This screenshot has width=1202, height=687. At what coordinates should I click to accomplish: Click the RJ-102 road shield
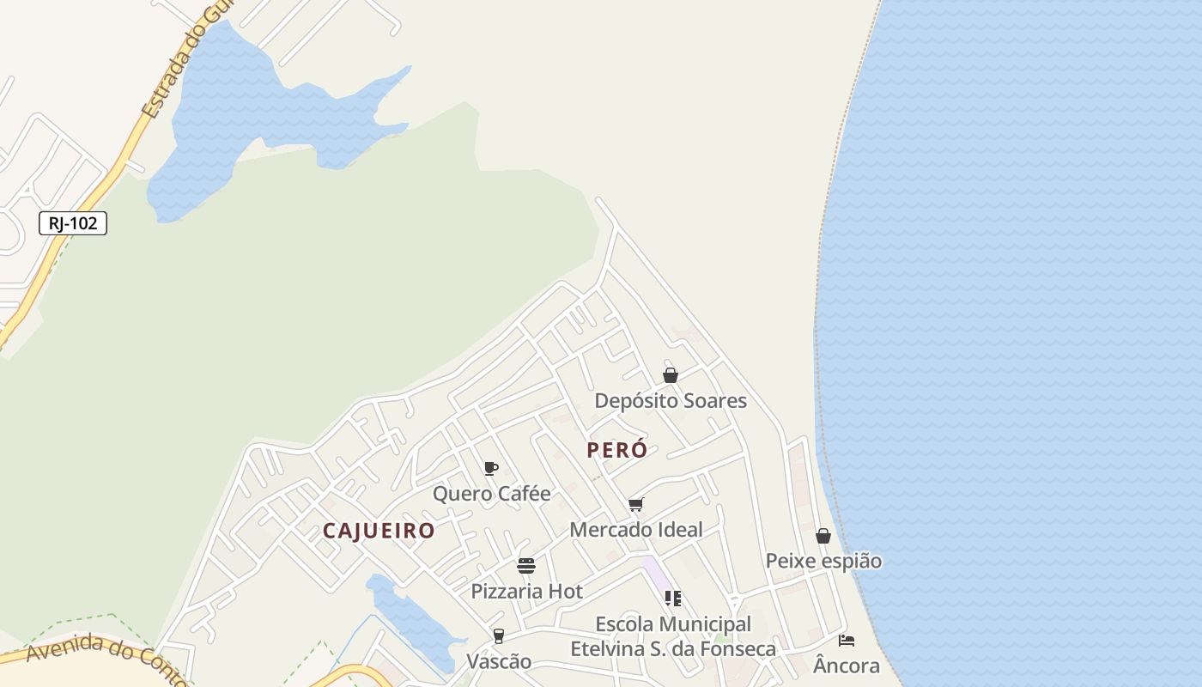[x=73, y=223]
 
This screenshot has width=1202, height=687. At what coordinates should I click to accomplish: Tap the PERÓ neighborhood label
[x=617, y=450]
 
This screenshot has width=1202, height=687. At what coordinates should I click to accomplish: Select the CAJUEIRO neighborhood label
[x=379, y=531]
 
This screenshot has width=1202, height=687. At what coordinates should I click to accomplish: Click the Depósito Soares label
[x=671, y=401]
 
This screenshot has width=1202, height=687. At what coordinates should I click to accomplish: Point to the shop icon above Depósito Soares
[x=671, y=375]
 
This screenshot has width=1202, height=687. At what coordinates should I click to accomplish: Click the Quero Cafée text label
[x=491, y=494]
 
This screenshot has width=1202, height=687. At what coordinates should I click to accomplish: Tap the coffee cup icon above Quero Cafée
[x=491, y=468]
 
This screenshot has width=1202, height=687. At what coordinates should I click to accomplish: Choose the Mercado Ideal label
[x=636, y=530]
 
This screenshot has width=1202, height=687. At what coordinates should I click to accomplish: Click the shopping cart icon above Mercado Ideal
[x=635, y=504]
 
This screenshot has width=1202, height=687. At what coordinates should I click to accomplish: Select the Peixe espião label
[x=823, y=561]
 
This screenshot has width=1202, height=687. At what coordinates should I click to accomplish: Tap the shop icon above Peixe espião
[x=823, y=536]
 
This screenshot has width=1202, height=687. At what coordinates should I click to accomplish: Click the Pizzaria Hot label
[x=526, y=592]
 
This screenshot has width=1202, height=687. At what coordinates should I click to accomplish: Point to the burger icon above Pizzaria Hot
[x=526, y=566]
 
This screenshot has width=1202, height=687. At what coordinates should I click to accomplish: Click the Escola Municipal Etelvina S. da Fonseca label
[x=673, y=636]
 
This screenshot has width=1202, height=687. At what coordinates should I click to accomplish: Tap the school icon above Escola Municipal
[x=673, y=598]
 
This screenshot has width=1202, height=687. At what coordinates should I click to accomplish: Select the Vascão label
[x=498, y=662]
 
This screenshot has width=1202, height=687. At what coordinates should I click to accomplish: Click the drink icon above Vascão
[x=498, y=636]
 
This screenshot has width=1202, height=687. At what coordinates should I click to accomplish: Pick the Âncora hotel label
[x=847, y=666]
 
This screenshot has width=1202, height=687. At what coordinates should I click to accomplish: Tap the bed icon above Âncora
[x=847, y=641]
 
